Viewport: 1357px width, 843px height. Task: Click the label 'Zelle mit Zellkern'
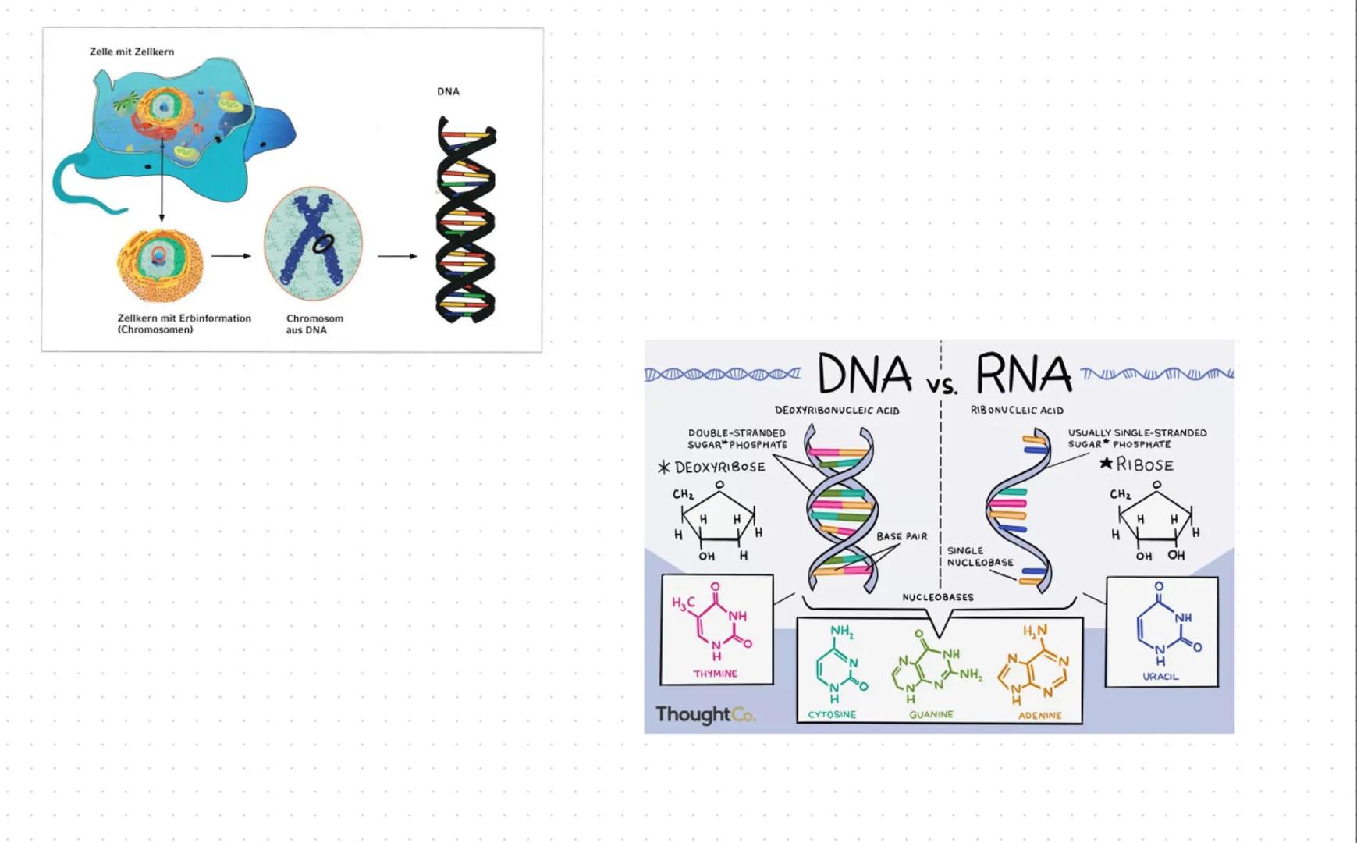pos(132,52)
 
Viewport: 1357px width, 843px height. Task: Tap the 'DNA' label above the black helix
pos(448,91)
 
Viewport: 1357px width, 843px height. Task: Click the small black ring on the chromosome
pos(321,244)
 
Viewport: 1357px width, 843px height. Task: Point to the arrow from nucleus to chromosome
pos(231,255)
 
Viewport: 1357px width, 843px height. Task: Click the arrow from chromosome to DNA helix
pos(397,256)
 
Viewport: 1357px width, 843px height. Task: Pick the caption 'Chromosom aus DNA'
pos(314,324)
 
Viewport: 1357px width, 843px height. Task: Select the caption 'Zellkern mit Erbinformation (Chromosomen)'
pos(184,324)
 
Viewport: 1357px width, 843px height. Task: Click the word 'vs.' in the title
pos(942,385)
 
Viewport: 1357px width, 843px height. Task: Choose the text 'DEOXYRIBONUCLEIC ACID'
pos(837,411)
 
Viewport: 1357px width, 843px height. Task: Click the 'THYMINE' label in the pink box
pos(715,674)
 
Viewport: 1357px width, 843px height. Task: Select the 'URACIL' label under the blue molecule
pos(1160,677)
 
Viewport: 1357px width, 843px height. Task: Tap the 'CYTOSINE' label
pos(832,714)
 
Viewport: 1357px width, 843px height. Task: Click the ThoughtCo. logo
pos(705,714)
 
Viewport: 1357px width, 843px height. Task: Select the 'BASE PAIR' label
pos(901,536)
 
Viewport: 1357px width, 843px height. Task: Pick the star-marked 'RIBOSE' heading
pos(1137,464)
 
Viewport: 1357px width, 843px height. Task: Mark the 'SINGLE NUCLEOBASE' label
pos(979,557)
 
